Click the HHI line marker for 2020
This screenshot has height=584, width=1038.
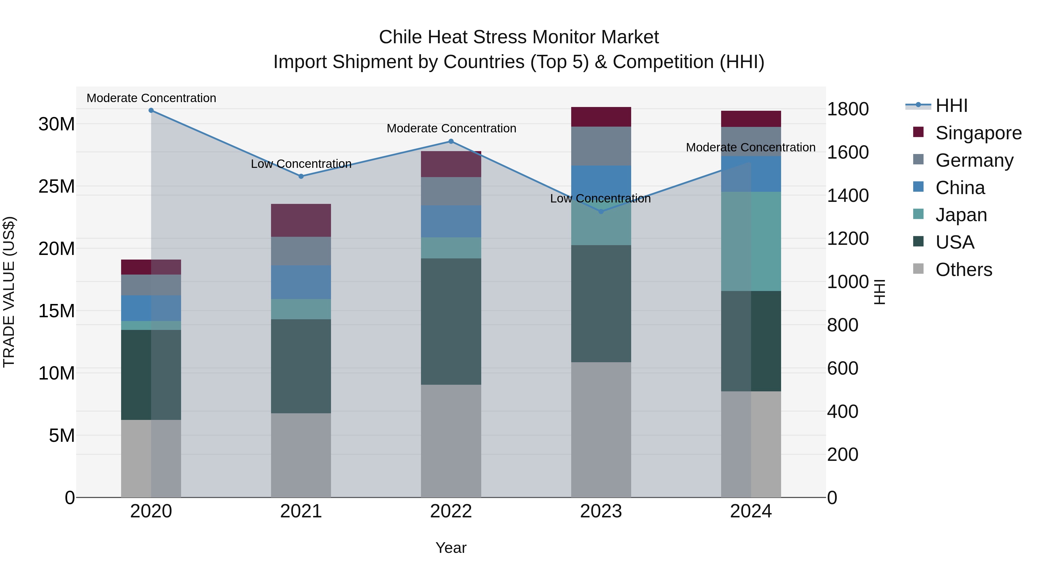[151, 110]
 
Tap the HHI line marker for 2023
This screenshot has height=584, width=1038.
[601, 212]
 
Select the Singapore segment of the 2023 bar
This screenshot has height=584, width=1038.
[601, 117]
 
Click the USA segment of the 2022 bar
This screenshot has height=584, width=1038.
[451, 321]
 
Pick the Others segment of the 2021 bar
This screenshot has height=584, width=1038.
[301, 455]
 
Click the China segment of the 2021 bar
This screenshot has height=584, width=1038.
[301, 282]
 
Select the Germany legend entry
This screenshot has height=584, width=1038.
[974, 160]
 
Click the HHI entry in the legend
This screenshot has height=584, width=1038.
[951, 106]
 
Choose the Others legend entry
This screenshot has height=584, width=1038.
[963, 270]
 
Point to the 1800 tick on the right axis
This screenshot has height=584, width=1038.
[847, 109]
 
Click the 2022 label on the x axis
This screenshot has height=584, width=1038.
[451, 511]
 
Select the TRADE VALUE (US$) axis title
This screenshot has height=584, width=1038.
[9, 292]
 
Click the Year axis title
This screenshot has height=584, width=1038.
[451, 548]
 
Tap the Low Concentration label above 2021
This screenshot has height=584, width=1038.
[301, 164]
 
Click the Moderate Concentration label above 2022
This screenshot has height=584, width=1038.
[451, 129]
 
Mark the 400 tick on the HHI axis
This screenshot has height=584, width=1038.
[843, 412]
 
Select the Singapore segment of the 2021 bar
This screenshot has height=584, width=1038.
[301, 220]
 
